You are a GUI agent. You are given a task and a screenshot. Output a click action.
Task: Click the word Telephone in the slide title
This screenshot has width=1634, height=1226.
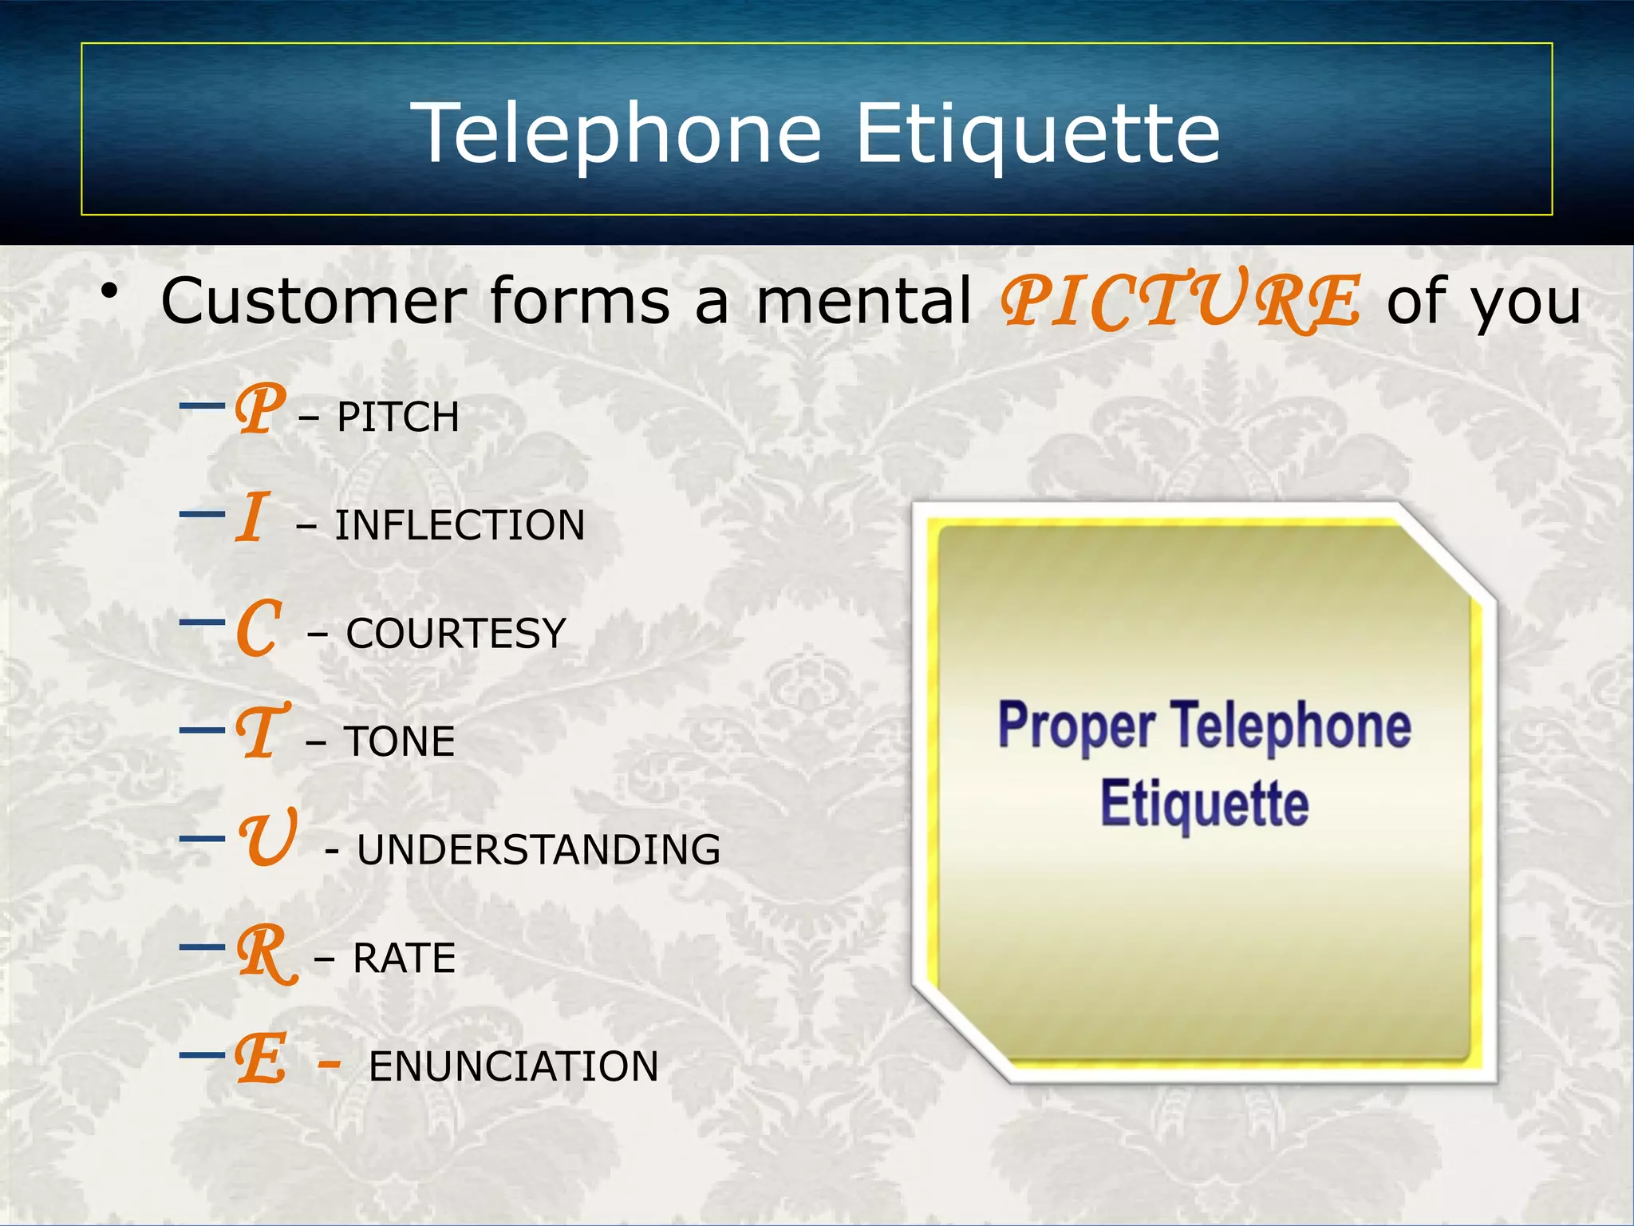616,133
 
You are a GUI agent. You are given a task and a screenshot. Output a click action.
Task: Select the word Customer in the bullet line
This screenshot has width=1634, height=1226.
314,301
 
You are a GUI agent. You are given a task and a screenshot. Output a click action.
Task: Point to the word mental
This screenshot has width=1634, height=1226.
863,301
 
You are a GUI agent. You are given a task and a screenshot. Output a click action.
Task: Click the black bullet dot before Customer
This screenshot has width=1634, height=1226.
109,293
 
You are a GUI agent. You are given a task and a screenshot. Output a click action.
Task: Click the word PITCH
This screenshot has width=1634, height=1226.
398,417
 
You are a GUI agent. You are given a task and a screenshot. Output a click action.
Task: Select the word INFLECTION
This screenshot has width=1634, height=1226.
460,526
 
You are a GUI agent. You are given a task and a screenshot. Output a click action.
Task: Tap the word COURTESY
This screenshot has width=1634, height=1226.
456,634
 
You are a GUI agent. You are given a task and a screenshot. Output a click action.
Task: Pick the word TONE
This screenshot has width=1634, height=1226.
399,742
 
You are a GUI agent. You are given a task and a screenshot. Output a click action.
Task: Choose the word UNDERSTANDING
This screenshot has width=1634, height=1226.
539,850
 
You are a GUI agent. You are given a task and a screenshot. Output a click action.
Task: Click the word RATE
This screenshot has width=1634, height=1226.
404,959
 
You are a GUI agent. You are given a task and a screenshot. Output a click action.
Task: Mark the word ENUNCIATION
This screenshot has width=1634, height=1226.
514,1067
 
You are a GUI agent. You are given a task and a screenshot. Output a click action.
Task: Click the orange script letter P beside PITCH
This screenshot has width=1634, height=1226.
260,409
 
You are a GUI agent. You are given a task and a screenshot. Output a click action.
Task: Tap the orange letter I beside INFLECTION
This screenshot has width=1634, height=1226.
251,517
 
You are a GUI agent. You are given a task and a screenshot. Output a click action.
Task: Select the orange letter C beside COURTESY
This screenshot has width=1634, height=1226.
259,628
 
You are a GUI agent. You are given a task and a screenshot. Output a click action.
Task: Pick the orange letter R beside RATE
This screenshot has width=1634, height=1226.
266,954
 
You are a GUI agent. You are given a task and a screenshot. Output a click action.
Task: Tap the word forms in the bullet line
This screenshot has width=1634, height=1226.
580,301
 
